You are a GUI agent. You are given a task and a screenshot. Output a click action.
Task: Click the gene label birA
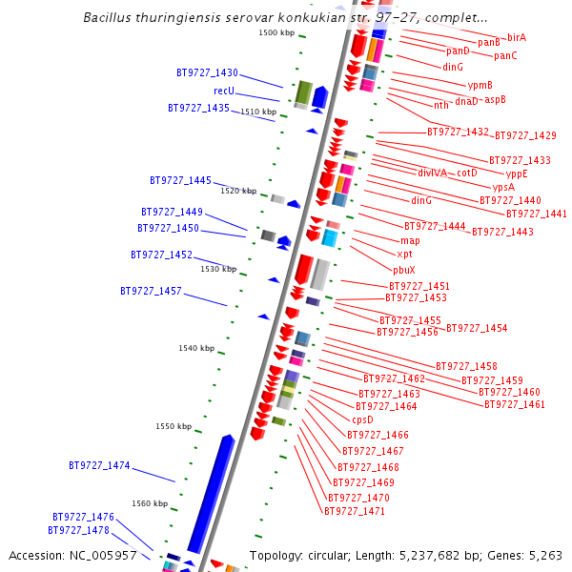(x=517, y=37)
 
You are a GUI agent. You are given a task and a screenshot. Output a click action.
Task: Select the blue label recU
(x=224, y=92)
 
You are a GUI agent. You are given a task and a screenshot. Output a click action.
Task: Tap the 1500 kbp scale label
(x=276, y=33)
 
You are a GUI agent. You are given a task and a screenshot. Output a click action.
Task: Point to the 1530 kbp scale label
(x=218, y=270)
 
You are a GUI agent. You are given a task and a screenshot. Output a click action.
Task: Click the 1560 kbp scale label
(x=150, y=503)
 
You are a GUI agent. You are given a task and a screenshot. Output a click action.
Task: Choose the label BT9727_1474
(x=99, y=466)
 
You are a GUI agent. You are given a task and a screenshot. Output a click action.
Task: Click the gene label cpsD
(x=362, y=419)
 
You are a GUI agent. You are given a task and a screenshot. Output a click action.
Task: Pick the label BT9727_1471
(x=355, y=512)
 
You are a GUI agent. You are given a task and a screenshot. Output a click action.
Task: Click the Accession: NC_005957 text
(x=72, y=555)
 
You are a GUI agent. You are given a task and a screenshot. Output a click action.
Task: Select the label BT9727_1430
(x=207, y=73)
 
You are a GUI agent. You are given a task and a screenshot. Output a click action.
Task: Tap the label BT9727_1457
(x=151, y=291)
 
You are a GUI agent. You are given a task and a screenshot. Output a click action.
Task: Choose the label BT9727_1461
(x=515, y=405)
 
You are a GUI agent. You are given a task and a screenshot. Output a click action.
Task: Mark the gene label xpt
(x=404, y=255)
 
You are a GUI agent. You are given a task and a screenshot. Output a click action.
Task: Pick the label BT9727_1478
(x=78, y=531)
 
